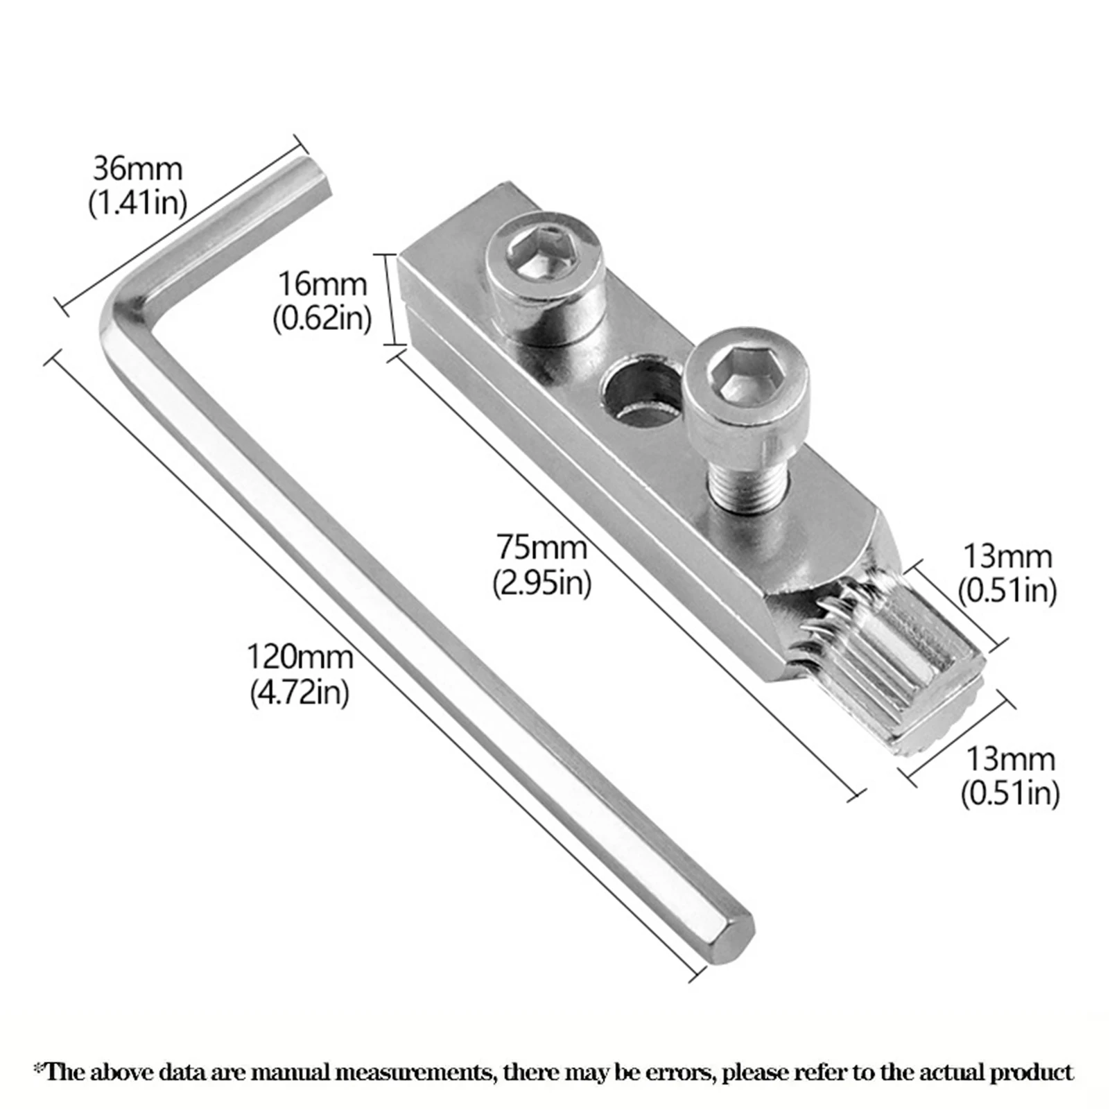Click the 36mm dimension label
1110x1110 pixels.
pos(137,170)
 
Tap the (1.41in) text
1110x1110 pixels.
pos(137,203)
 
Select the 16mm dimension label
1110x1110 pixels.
pos(322,285)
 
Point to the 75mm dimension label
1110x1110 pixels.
pos(541,548)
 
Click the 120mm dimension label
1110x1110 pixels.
pos(300,657)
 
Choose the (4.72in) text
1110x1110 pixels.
pos(300,692)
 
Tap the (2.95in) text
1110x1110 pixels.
pos(541,583)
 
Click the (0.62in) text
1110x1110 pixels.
pos(322,318)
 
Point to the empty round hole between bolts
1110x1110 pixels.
pos(639,392)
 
